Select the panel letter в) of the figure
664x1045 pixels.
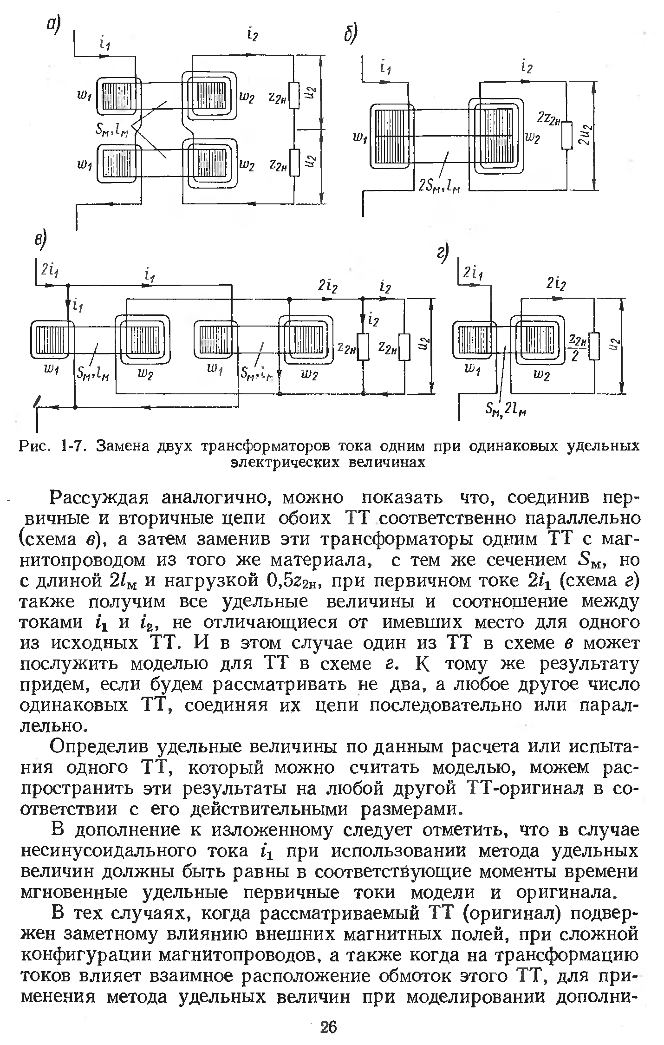(41, 241)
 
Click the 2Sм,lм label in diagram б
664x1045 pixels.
(438, 186)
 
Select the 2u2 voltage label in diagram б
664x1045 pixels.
(586, 135)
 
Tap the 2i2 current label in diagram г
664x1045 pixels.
(556, 283)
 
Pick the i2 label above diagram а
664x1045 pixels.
(253, 33)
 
